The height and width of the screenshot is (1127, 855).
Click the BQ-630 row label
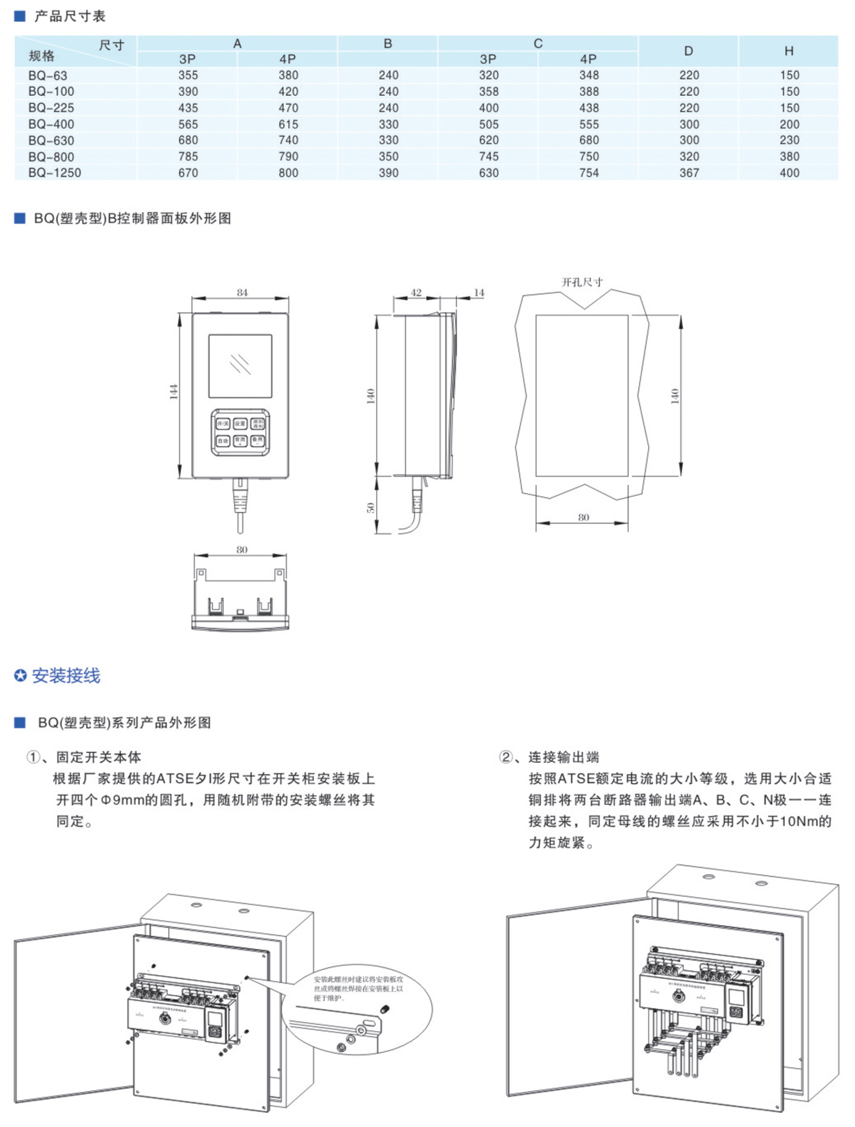click(51, 140)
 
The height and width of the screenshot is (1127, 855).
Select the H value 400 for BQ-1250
click(789, 173)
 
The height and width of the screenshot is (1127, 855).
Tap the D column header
click(688, 51)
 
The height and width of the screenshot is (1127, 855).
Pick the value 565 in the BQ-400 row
click(188, 124)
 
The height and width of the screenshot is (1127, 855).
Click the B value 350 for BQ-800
click(388, 156)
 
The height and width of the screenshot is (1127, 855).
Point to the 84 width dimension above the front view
click(242, 293)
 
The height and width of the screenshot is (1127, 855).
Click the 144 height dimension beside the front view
click(174, 392)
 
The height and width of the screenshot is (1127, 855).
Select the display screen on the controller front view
click(240, 366)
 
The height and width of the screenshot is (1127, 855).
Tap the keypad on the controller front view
click(241, 432)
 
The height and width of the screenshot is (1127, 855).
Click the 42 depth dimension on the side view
click(416, 293)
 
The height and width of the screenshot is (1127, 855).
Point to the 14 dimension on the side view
click(479, 293)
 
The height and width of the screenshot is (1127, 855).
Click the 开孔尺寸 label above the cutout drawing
click(582, 282)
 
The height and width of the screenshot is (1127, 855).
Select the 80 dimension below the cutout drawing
click(583, 517)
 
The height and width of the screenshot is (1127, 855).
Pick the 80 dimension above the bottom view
click(242, 550)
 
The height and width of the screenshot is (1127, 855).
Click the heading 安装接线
click(65, 676)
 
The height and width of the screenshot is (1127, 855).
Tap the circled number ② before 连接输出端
click(506, 757)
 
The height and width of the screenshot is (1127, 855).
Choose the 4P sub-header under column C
click(588, 59)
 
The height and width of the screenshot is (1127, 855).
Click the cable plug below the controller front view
click(240, 498)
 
